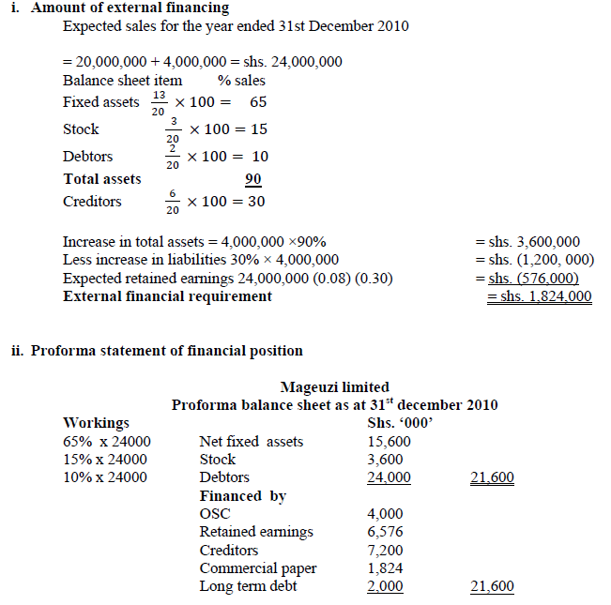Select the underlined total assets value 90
pyautogui.click(x=253, y=179)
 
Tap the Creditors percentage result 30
pyautogui.click(x=255, y=202)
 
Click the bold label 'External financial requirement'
pyautogui.click(x=167, y=296)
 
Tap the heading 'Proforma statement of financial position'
pyautogui.click(x=166, y=351)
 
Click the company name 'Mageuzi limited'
pyautogui.click(x=334, y=386)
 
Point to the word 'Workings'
pyautogui.click(x=96, y=423)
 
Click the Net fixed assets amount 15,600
pyautogui.click(x=385, y=442)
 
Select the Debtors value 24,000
pyautogui.click(x=388, y=477)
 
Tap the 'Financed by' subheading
pyautogui.click(x=242, y=495)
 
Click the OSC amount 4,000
pyautogui.click(x=386, y=514)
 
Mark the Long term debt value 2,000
pyautogui.click(x=386, y=586)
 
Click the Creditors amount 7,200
pyautogui.click(x=386, y=550)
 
